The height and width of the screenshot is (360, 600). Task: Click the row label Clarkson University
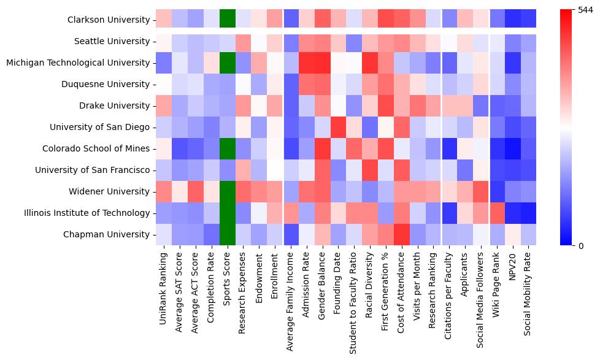pos(109,20)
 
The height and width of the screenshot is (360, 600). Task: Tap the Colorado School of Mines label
pos(96,149)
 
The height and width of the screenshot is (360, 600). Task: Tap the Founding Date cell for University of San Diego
pos(339,128)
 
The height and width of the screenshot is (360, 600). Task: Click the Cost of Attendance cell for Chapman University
pos(402,235)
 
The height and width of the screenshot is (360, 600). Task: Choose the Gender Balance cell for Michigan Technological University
pos(323,63)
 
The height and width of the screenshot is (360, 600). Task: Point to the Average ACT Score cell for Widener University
pos(196,192)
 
